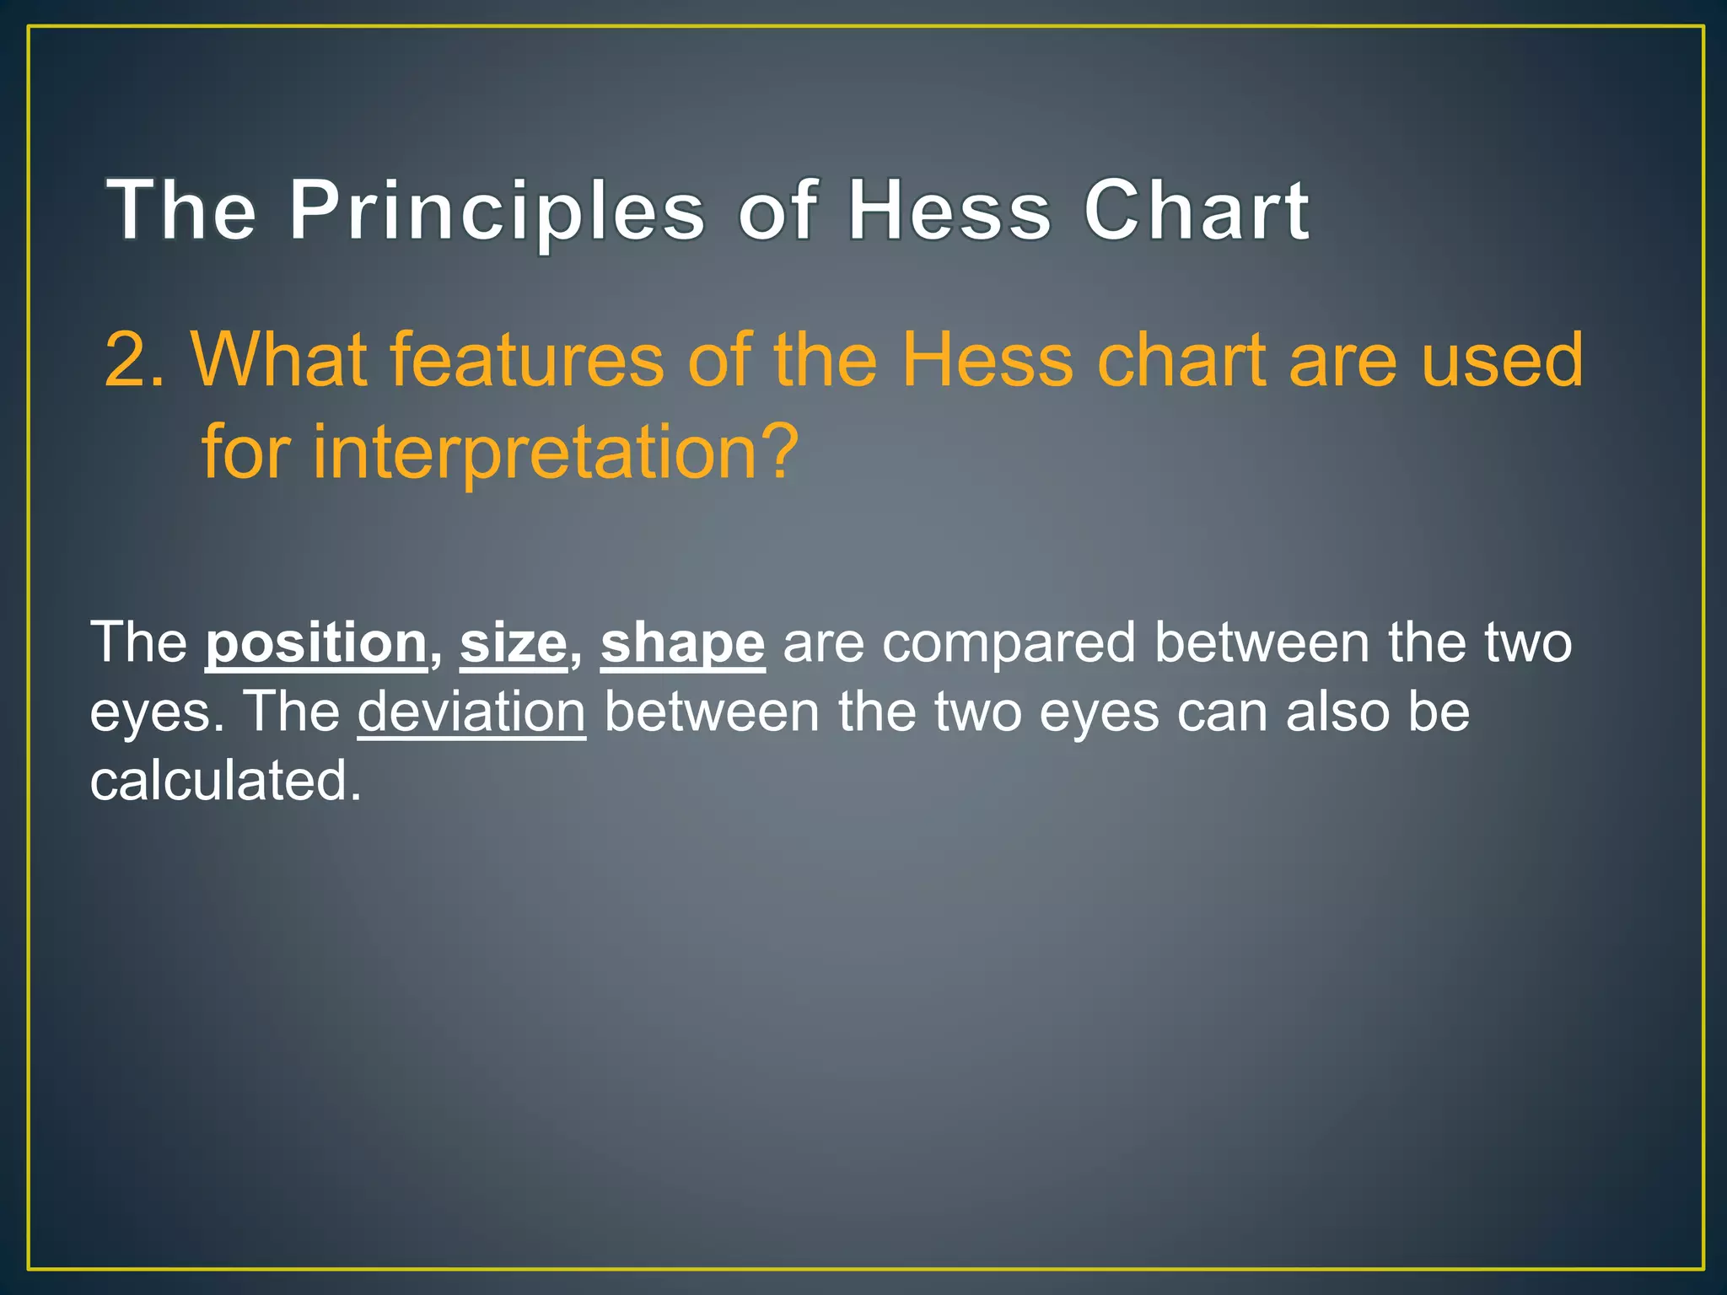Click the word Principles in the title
497,211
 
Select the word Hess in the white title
950,211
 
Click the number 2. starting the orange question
135,361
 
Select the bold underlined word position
316,643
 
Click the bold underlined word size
513,643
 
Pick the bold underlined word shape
682,643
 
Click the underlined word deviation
471,712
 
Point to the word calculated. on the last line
225,781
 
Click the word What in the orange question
279,361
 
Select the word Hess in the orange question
987,361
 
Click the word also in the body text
1337,712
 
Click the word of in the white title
778,211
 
